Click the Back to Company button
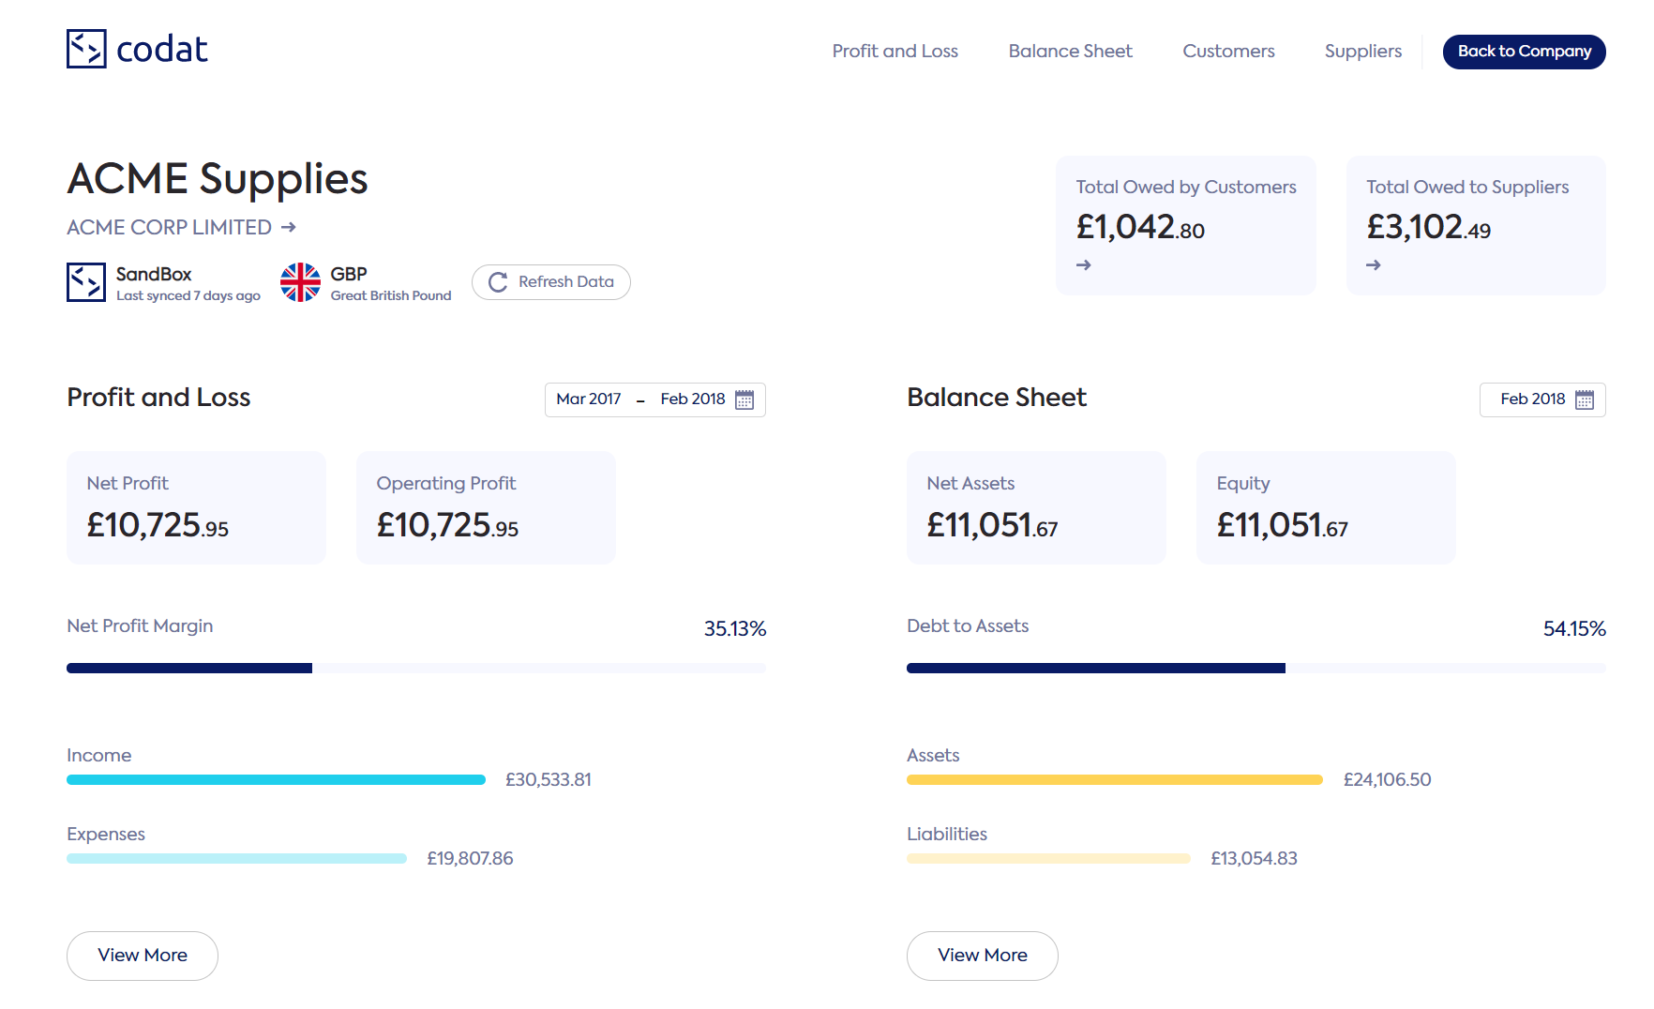pos(1524,52)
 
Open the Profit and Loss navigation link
pos(895,52)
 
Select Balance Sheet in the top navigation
pos(1070,52)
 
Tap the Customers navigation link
pos(1228,52)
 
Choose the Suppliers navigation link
pos(1362,52)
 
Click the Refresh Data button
pos(551,282)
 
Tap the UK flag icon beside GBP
pos(300,282)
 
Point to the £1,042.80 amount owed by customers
pos(1140,227)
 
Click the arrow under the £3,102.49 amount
pos(1374,265)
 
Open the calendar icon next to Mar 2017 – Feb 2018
pos(744,399)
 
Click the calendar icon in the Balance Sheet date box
pos(1585,399)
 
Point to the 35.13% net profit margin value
pos(735,628)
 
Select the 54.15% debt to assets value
pos(1574,628)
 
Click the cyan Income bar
pos(276,780)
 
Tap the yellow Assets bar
pos(1114,780)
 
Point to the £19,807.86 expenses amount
pos(470,859)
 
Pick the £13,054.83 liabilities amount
pos(1254,859)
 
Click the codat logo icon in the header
pos(86,49)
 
